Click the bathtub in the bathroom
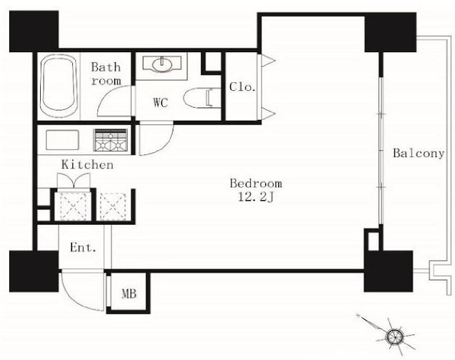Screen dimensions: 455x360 pyautogui.click(x=59, y=86)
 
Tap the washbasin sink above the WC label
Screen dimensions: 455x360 pyautogui.click(x=162, y=64)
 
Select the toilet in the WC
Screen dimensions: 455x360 pyautogui.click(x=202, y=98)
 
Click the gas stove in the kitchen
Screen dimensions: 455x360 pyautogui.click(x=110, y=140)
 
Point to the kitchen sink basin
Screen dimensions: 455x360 pyautogui.click(x=62, y=140)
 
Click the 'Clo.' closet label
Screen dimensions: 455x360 pyautogui.click(x=243, y=86)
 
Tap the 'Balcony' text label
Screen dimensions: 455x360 pyautogui.click(x=419, y=153)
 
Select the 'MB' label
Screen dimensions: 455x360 pyautogui.click(x=129, y=294)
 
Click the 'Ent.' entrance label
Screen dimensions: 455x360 pyautogui.click(x=83, y=247)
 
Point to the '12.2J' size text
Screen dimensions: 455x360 pyautogui.click(x=256, y=198)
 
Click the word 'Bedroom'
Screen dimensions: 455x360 pyautogui.click(x=256, y=184)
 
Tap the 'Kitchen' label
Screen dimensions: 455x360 pyautogui.click(x=87, y=164)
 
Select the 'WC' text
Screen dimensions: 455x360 pyautogui.click(x=161, y=102)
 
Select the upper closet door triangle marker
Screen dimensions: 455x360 pyautogui.click(x=267, y=61)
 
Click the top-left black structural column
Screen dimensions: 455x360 pyautogui.click(x=34, y=31)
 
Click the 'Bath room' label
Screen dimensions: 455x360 pyautogui.click(x=106, y=74)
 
